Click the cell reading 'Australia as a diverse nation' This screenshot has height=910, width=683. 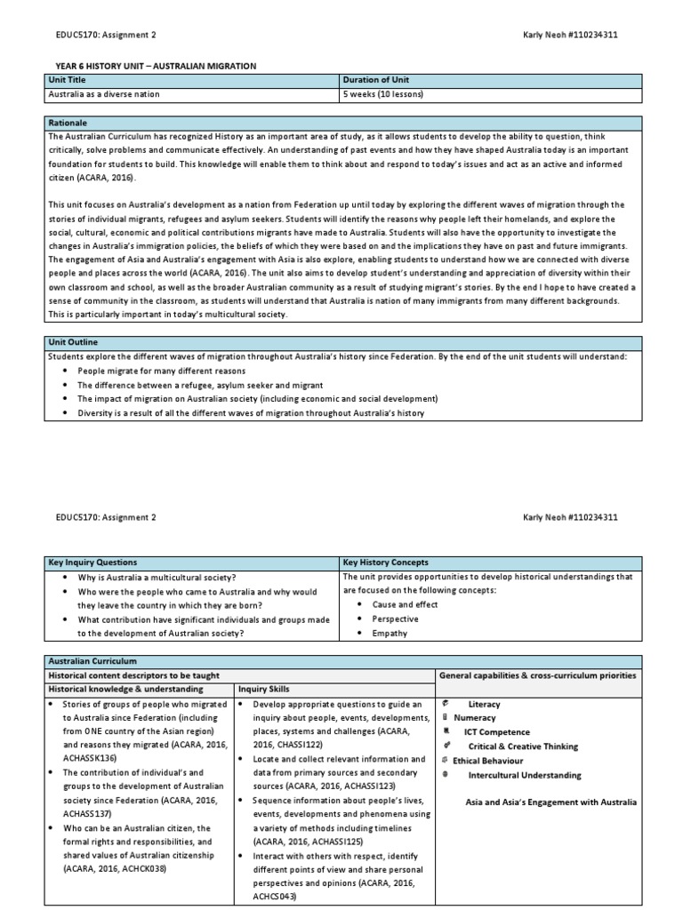point(105,94)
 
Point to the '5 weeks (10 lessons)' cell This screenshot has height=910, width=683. point(382,94)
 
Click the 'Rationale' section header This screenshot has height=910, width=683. point(68,122)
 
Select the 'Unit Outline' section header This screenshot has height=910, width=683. point(73,342)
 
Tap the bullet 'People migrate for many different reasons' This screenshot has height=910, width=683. point(153,371)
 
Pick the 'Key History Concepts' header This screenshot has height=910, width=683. point(386,563)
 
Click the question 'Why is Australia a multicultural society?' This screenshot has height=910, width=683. point(157,577)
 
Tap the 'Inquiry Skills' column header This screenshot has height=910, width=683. point(263,689)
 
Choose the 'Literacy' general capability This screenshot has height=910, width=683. point(484,704)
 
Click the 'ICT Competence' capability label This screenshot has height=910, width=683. point(496,732)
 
